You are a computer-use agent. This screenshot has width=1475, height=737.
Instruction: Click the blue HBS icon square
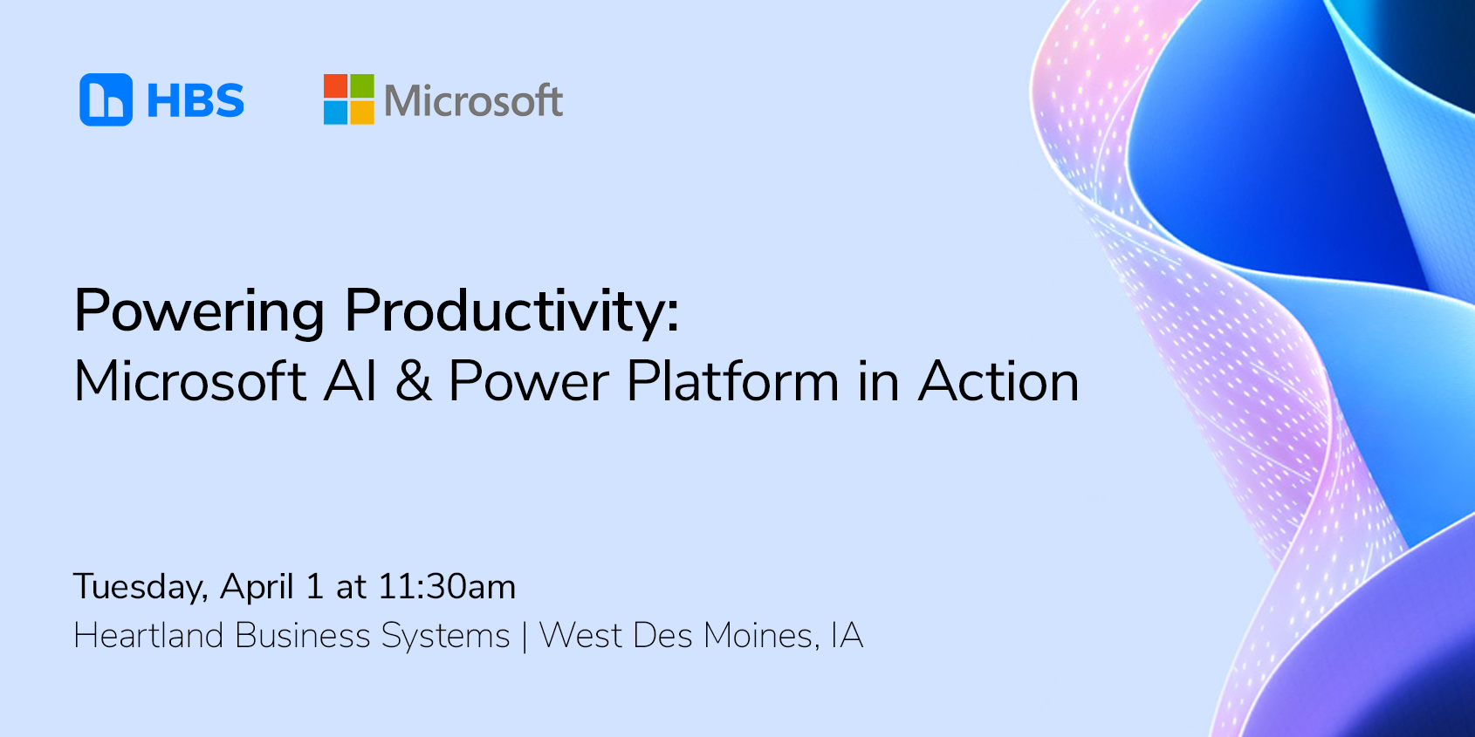pos(106,99)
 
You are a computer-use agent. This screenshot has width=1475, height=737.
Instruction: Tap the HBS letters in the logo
pos(196,100)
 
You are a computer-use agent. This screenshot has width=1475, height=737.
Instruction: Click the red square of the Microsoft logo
pos(335,85)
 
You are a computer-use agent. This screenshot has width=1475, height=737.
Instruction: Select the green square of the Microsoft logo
pos(362,85)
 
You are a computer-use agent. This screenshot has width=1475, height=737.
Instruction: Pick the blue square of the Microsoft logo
pos(335,113)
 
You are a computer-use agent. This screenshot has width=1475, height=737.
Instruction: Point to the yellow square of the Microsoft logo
pos(362,113)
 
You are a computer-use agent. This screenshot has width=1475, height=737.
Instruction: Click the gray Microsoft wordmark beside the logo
pos(473,100)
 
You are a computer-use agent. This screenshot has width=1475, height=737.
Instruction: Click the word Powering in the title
pos(200,312)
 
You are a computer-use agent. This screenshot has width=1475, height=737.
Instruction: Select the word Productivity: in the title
pos(511,312)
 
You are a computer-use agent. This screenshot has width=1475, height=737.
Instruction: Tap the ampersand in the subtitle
pos(414,381)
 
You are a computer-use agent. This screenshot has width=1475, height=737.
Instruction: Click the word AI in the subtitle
pos(350,381)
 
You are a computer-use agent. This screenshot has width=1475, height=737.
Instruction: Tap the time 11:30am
pos(447,586)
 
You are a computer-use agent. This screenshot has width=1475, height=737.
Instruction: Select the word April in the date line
pos(257,588)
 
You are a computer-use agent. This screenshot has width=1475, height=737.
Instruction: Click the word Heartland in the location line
pos(148,636)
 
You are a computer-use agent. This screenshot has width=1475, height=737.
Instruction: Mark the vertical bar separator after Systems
pos(525,637)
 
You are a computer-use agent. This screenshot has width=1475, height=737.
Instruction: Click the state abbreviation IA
pos(847,636)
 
